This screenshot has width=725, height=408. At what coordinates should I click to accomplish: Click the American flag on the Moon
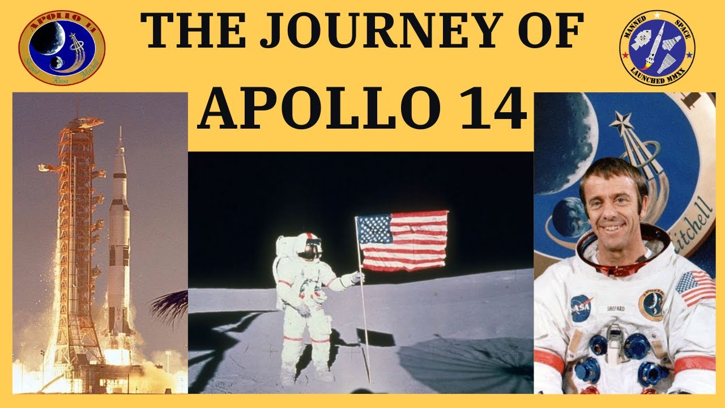tap(404, 240)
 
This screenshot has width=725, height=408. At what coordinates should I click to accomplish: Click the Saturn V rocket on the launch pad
tap(119, 238)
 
